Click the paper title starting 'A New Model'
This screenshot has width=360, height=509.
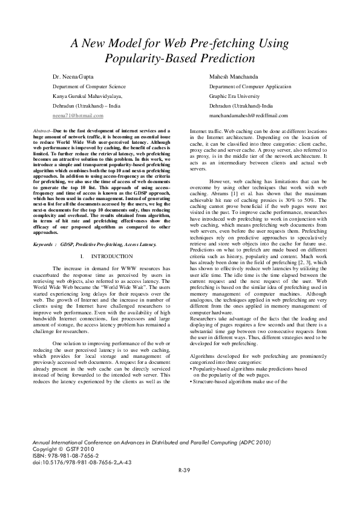tap(180, 51)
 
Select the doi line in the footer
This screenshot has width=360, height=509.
tap(81, 461)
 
